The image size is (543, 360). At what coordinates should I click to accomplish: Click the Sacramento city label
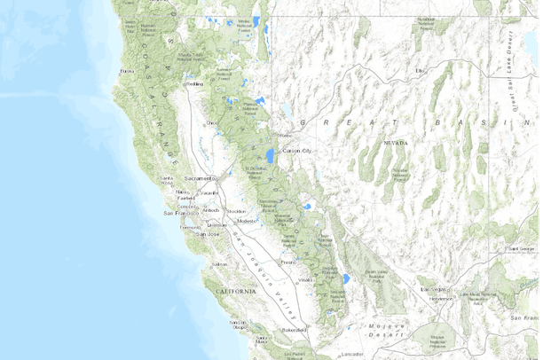pos(200,178)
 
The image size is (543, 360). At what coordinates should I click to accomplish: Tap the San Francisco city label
pos(180,214)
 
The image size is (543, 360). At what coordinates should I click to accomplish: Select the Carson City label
pos(299,152)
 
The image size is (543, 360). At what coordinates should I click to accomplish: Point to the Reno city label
pos(285,135)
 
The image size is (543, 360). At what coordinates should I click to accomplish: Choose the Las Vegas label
pos(435,289)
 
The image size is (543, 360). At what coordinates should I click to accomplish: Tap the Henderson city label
pos(441,299)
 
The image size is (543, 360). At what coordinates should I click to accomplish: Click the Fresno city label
pos(287,262)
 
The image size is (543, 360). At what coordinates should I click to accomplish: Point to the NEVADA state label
pos(396,143)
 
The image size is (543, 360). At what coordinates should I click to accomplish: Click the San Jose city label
pos(207,234)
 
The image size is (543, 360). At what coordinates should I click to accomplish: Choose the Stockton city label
pos(236,212)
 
